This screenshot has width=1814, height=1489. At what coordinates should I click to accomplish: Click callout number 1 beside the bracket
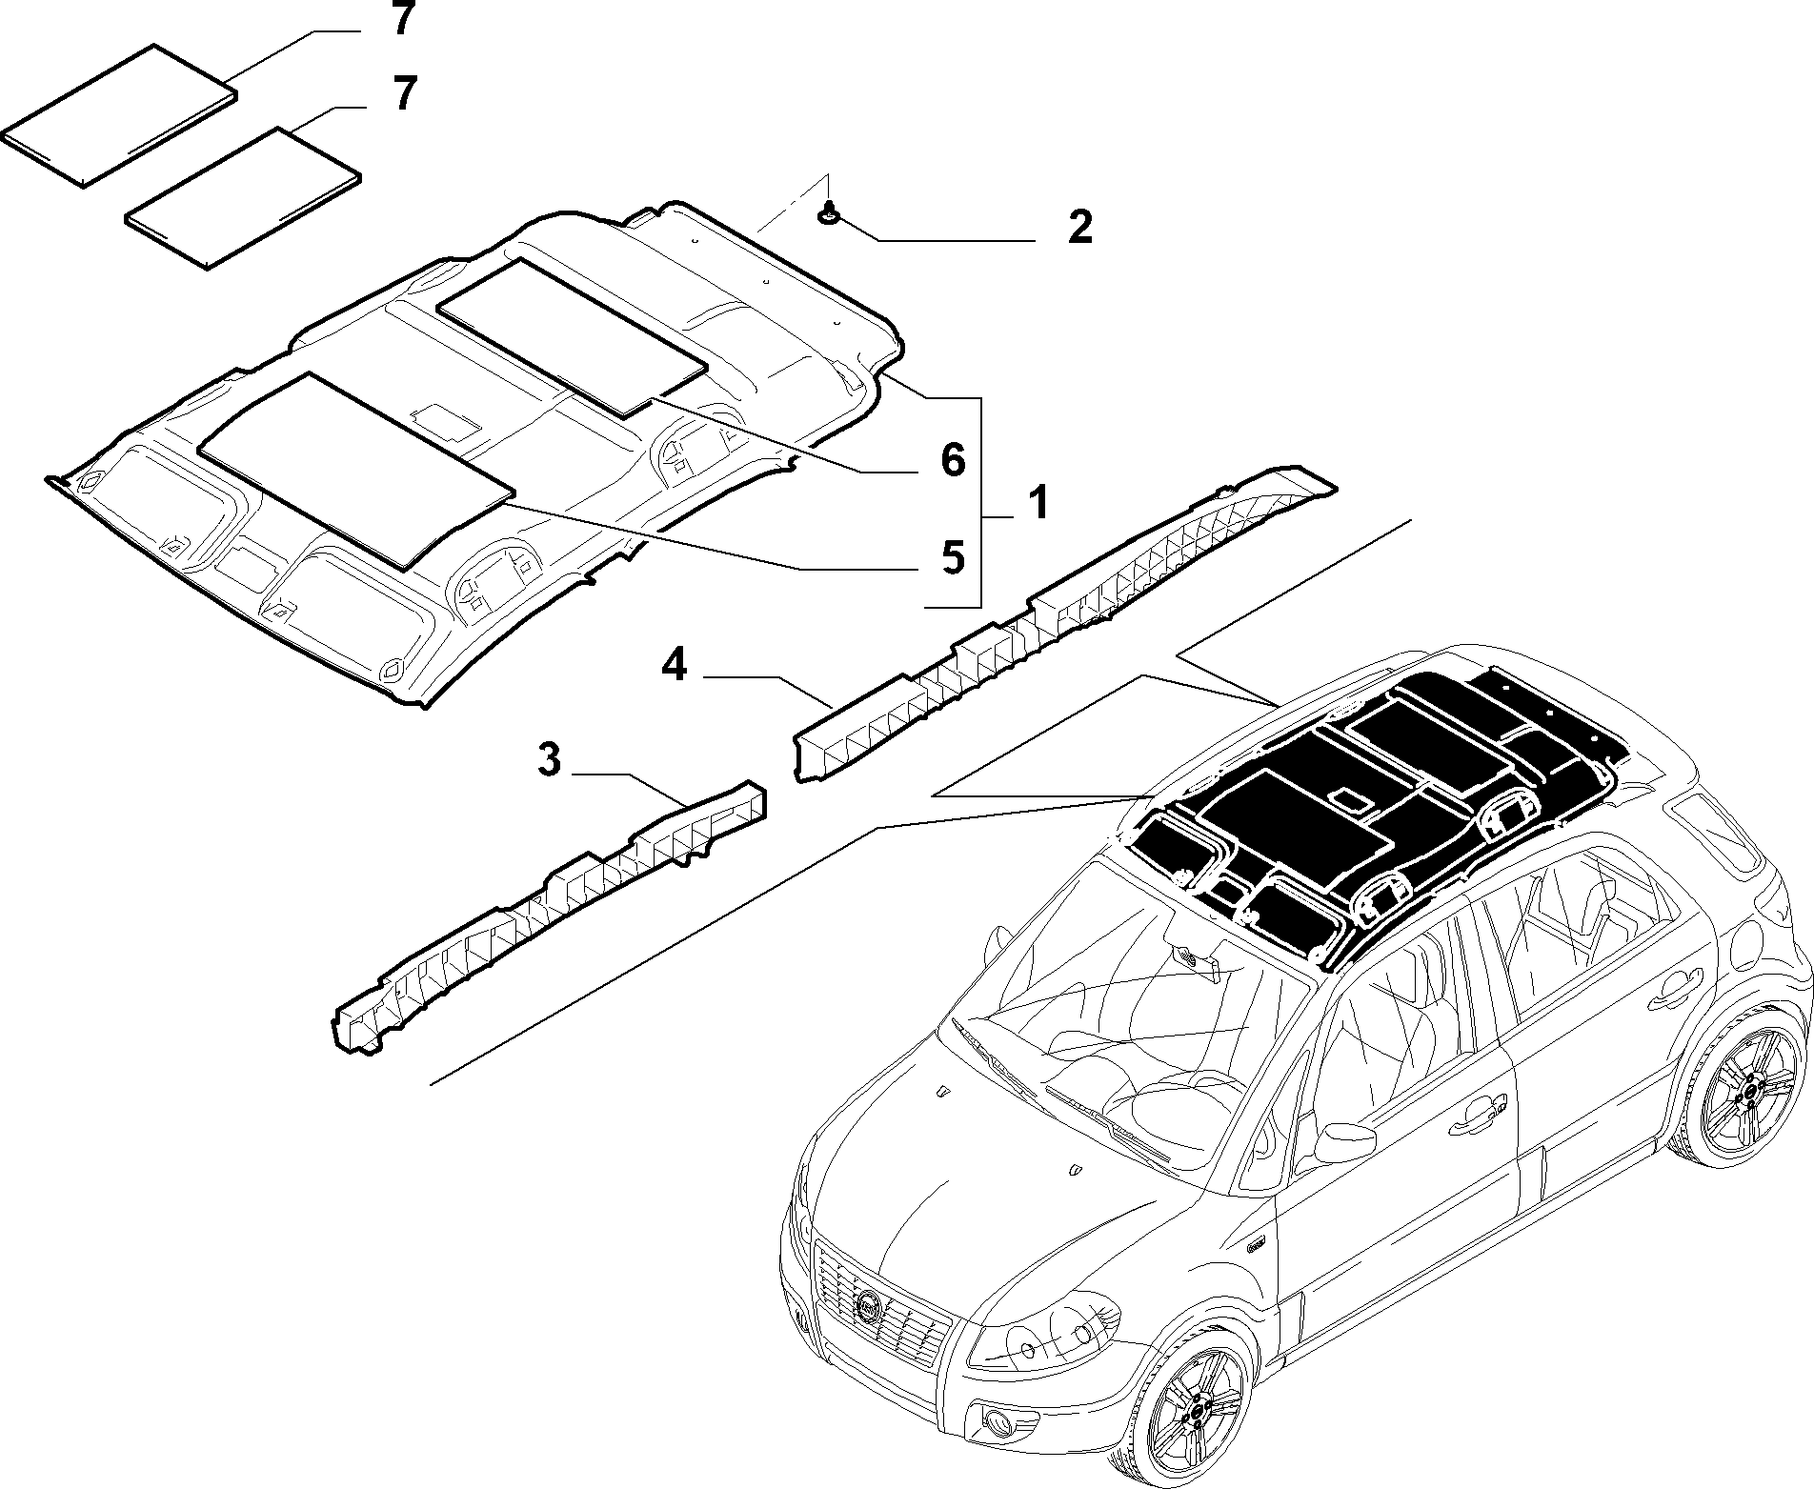(x=1038, y=502)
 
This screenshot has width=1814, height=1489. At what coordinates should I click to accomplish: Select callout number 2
(x=1079, y=228)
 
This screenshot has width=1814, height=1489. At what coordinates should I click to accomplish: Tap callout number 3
(x=550, y=762)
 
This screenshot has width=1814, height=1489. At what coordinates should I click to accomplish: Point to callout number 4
(x=674, y=666)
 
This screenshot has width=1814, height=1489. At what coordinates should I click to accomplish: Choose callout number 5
(x=954, y=558)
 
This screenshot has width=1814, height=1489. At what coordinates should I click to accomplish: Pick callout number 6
(x=954, y=461)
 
